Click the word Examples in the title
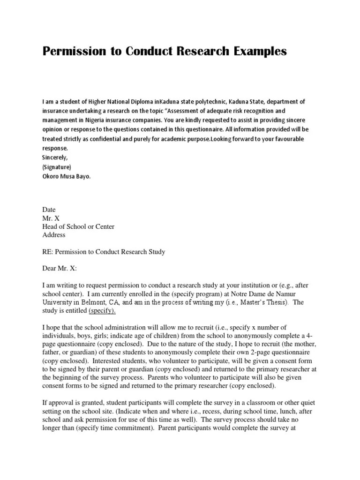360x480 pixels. pyautogui.click(x=256, y=51)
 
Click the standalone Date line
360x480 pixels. pyautogui.click(x=49, y=210)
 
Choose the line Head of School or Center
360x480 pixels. pyautogui.click(x=78, y=226)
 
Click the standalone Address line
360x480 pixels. pyautogui.click(x=54, y=235)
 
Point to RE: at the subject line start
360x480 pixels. pyautogui.click(x=47, y=252)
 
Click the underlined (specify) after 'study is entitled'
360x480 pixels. pyautogui.click(x=102, y=311)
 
